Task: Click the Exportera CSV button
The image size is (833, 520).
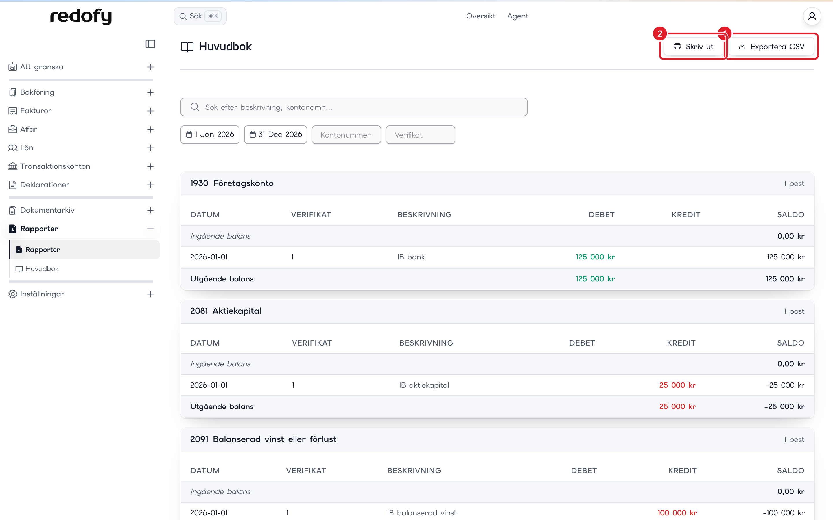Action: pos(771,47)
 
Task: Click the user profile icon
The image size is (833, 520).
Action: pos(812,16)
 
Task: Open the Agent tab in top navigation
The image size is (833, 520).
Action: pos(518,16)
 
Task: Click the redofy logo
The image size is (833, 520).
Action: pos(81,16)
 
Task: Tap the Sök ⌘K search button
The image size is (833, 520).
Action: pos(200,16)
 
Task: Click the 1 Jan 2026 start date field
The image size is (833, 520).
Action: pos(210,134)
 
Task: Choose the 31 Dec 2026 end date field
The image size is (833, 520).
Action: pos(276,134)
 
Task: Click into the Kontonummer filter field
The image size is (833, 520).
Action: pos(346,135)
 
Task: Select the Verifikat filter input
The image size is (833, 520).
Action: pos(420,135)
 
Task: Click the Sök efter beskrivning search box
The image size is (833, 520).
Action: pos(354,107)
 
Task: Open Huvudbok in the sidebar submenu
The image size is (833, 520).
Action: pos(42,269)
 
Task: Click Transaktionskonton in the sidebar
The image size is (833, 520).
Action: pos(55,166)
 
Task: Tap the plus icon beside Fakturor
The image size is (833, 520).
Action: pos(150,111)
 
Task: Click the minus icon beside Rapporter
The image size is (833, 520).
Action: pos(150,229)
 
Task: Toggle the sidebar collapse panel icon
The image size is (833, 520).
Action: pos(150,44)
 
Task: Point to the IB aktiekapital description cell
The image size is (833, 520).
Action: pos(424,385)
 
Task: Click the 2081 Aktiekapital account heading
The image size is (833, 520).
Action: pos(226,311)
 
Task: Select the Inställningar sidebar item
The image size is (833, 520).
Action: pos(42,294)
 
